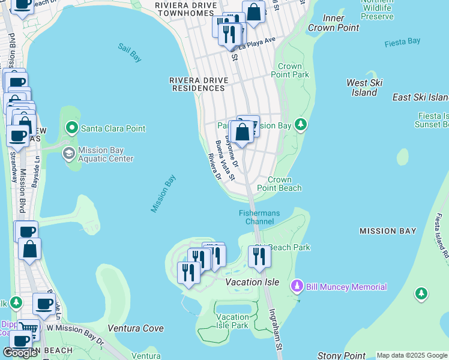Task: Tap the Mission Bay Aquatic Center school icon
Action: coord(69,154)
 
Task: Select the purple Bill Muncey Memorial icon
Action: coord(296,287)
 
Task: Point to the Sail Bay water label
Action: coord(130,53)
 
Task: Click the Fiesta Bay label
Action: coord(402,41)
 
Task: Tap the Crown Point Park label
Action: coord(294,71)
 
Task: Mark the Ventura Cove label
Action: coord(136,328)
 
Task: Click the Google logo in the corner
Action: coord(20,353)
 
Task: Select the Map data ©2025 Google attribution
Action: coord(412,355)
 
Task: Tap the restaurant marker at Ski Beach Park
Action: coord(259,256)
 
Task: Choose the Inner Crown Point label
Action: coord(333,23)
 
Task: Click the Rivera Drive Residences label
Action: coord(197,84)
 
